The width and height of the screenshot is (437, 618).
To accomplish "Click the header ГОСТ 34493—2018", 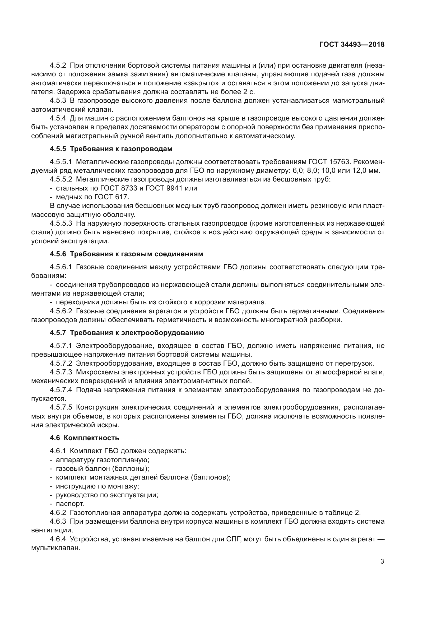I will (352, 44).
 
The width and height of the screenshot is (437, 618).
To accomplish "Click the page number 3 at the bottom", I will (382, 561).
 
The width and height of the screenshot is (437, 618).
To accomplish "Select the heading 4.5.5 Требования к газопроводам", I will (111, 149).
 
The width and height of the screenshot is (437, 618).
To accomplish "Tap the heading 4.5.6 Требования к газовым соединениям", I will (126, 254).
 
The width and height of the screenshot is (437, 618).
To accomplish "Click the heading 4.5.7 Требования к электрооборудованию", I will (127, 333).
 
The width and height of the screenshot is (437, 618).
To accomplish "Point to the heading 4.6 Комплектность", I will (84, 438).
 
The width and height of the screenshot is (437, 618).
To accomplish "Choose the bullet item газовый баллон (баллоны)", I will (102, 469).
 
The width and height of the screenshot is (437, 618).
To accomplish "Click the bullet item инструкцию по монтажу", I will (97, 486).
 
